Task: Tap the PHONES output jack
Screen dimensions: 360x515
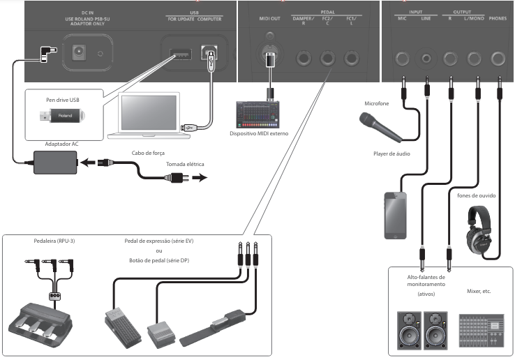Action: pyautogui.click(x=498, y=59)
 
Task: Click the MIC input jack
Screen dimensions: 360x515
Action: pyautogui.click(x=403, y=59)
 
